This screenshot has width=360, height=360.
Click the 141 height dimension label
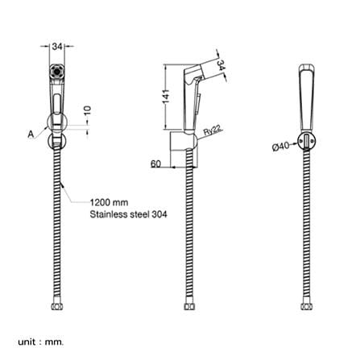pos(167,97)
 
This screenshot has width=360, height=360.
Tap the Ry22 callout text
pos(213,130)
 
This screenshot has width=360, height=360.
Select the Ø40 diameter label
pos(281,147)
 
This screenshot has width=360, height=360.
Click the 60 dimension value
pos(155,163)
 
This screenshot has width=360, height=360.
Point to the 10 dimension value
pos(88,110)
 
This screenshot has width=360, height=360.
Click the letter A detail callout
pos(31,134)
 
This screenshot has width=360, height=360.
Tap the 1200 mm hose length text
pos(109,202)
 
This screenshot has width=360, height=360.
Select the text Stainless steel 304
pos(128,214)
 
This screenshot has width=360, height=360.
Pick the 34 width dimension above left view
pos(57,47)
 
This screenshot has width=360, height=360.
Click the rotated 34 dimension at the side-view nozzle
pos(220,65)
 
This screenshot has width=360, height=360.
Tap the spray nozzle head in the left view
pos(57,72)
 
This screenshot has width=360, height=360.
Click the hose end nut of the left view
pos(57,306)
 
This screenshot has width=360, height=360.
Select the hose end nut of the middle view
pos(189,306)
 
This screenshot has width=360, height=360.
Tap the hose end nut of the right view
pos(307,306)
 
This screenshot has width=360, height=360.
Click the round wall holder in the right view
pos(307,140)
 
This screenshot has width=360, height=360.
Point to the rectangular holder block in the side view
pos(178,148)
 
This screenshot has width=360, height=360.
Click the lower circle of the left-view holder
pos(57,141)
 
